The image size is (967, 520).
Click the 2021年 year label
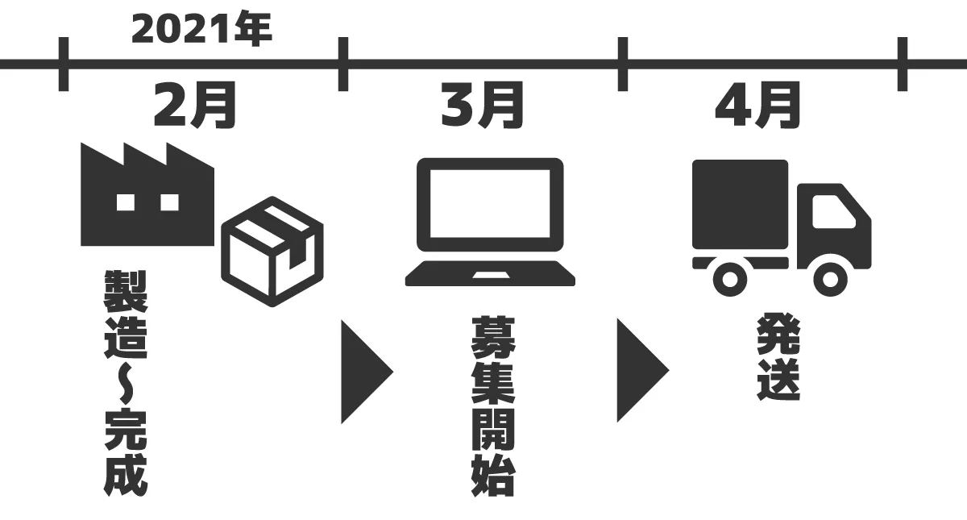point(201,29)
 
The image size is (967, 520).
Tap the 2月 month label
point(195,105)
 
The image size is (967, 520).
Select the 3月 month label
point(483,105)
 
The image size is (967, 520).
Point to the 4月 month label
point(758,105)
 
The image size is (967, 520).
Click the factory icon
point(147,194)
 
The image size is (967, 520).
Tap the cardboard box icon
point(272,252)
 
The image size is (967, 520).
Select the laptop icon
point(490,222)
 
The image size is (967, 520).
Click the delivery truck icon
point(782,228)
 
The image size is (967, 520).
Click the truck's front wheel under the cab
point(829,279)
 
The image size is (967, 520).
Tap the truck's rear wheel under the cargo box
point(729,279)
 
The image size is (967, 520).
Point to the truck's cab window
point(832,211)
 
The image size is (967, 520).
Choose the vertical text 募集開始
point(492,406)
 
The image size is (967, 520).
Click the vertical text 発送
point(778,358)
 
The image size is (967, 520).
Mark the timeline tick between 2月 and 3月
point(343,64)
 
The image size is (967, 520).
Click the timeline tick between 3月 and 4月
point(622,64)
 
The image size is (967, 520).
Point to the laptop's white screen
point(490,204)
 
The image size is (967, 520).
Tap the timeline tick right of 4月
point(903,64)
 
